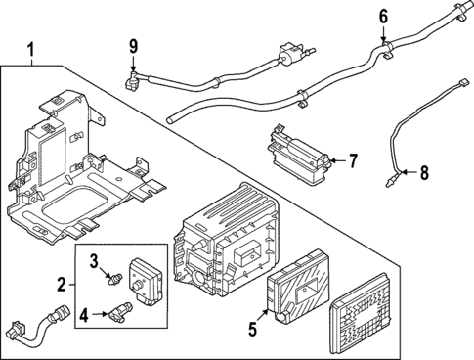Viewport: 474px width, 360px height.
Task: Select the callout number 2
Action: pyautogui.click(x=61, y=285)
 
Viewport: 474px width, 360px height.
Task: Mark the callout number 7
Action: pyautogui.click(x=353, y=159)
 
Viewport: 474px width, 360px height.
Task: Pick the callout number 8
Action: pyautogui.click(x=423, y=174)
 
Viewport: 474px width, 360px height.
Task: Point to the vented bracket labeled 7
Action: pyautogui.click(x=298, y=153)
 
